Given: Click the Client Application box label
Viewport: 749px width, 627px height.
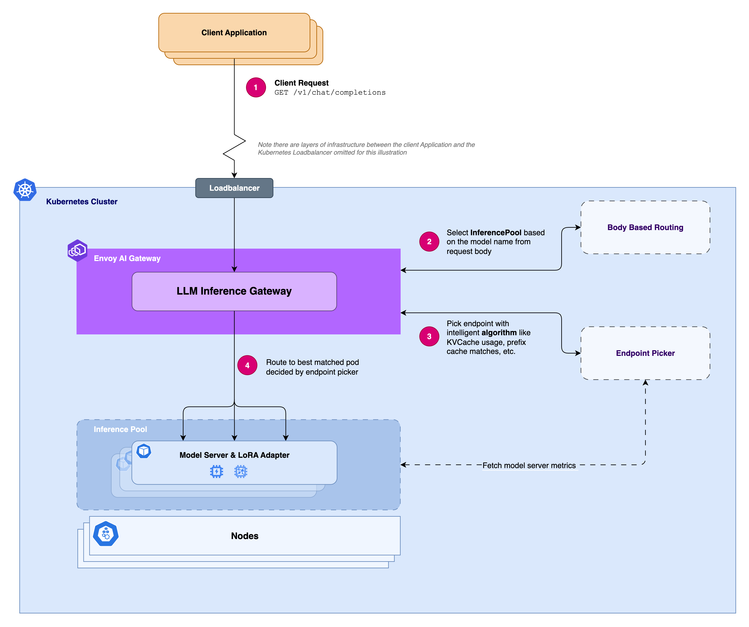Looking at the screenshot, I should [x=234, y=32].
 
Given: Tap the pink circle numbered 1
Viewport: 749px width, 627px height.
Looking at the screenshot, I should [x=256, y=87].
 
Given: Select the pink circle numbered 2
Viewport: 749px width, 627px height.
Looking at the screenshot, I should [x=429, y=241].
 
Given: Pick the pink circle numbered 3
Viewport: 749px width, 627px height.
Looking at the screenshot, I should [x=429, y=336].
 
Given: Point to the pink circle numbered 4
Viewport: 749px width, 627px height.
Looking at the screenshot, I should [x=247, y=365].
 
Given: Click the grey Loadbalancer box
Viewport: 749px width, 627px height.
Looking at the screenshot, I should [x=234, y=188].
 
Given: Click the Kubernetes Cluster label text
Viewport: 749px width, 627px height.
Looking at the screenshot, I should [x=82, y=201].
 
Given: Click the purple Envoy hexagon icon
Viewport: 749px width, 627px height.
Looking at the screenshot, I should [x=77, y=250].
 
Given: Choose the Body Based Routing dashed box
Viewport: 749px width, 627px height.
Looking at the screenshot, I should [x=645, y=227].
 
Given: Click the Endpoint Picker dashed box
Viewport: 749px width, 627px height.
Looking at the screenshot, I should [x=645, y=353].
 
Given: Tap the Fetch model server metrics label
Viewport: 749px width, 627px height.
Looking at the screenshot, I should [x=529, y=466].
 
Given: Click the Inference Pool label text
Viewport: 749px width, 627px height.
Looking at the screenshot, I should [x=120, y=429].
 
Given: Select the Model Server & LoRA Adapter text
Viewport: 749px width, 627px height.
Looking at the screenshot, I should [x=234, y=455].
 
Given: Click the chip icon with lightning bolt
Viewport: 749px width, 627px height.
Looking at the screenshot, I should [x=217, y=472].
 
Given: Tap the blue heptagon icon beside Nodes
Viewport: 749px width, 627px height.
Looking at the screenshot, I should [x=106, y=534].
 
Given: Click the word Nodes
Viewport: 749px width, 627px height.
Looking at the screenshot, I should [x=245, y=536].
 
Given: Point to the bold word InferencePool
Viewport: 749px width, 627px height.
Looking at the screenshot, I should [x=496, y=232].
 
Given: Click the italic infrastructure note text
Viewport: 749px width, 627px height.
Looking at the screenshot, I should [x=366, y=148].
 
